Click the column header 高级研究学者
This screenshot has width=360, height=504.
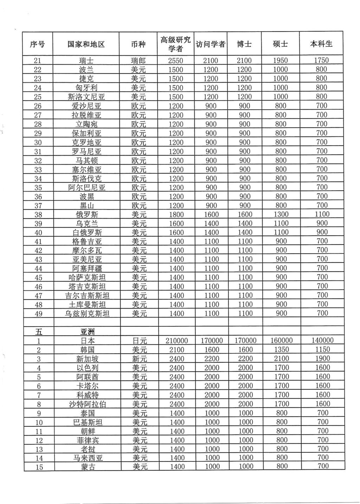pyautogui.click(x=175, y=44)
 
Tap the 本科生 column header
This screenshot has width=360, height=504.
pyautogui.click(x=321, y=44)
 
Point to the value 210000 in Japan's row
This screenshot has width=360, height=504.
pyautogui.click(x=176, y=341)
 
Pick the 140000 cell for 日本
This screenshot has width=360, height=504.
pyautogui.click(x=322, y=340)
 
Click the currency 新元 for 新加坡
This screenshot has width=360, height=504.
pyautogui.click(x=139, y=359)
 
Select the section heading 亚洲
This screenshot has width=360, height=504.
pyautogui.click(x=86, y=332)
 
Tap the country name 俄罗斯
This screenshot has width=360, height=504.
pyautogui.click(x=86, y=214)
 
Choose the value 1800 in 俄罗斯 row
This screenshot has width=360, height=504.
pyautogui.click(x=176, y=214)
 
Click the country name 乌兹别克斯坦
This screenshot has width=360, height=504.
pyautogui.click(x=86, y=314)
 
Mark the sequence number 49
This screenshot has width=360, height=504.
pyautogui.click(x=38, y=314)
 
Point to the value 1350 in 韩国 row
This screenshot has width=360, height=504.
pyautogui.click(x=281, y=350)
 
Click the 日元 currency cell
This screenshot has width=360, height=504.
pyautogui.click(x=139, y=341)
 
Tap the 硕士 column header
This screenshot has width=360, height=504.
pyautogui.click(x=280, y=44)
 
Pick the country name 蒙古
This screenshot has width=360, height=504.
pyautogui.click(x=86, y=467)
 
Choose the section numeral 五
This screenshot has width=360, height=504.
pyautogui.click(x=39, y=332)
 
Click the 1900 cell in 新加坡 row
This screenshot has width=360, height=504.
pyautogui.click(x=322, y=358)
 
